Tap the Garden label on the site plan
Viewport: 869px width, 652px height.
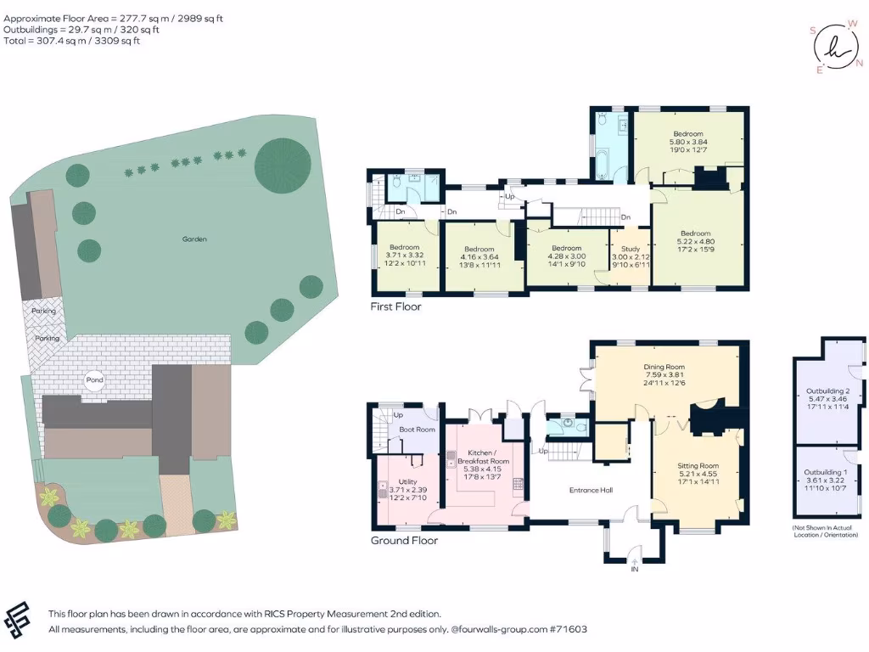[194, 239]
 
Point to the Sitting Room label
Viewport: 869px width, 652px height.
[698, 466]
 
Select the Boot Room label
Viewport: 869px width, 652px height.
[417, 430]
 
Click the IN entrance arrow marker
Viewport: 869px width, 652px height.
[634, 560]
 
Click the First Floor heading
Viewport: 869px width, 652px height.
[395, 306]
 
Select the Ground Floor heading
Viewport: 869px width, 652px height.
[403, 540]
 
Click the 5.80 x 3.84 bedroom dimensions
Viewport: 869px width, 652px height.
[688, 143]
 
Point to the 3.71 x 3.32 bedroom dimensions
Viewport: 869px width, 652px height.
[405, 255]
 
